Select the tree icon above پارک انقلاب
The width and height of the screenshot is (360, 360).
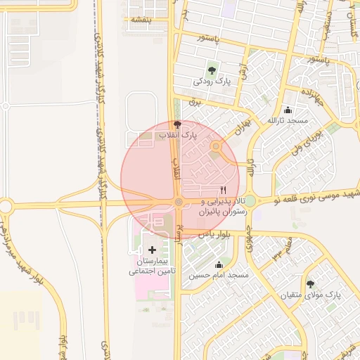(177, 124)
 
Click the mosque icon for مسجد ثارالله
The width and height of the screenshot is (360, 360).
(288, 110)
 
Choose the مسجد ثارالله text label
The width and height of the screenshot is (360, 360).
(288, 121)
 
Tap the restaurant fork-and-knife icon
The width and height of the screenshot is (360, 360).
(224, 189)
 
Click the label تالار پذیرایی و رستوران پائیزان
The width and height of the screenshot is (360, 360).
(213, 206)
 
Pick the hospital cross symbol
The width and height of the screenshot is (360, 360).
(153, 250)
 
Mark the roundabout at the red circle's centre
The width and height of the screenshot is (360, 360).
(179, 203)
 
